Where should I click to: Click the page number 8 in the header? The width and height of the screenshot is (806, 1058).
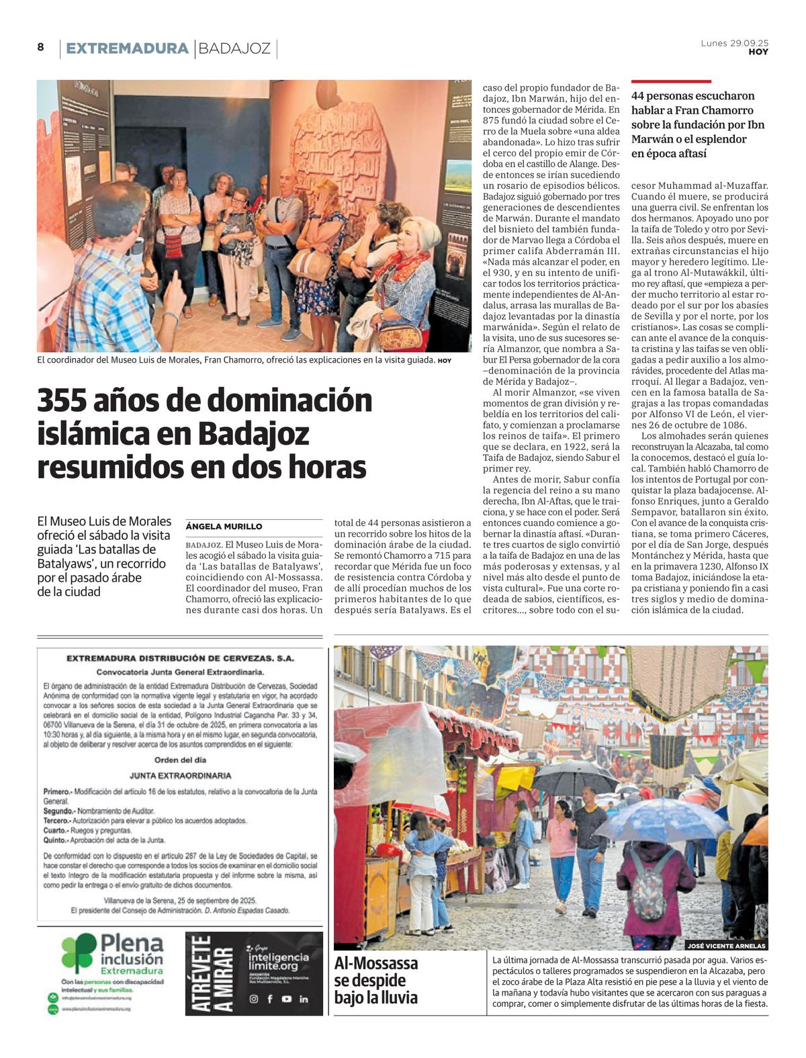click(x=40, y=47)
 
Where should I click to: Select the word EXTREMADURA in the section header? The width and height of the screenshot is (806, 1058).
click(x=127, y=48)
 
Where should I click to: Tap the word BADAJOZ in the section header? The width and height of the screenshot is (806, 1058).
click(x=234, y=48)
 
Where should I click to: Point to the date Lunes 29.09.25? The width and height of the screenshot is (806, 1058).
click(x=734, y=43)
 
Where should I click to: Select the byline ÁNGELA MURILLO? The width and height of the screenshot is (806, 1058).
click(x=224, y=527)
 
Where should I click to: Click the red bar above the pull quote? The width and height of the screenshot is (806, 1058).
click(x=670, y=81)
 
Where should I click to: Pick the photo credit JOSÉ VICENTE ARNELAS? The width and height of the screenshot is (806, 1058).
click(x=726, y=945)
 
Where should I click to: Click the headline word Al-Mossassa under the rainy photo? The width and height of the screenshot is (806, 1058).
click(x=376, y=963)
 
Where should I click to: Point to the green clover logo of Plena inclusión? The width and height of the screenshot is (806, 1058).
click(x=79, y=953)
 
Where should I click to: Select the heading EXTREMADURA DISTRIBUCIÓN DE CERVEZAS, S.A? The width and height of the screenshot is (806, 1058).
click(x=180, y=658)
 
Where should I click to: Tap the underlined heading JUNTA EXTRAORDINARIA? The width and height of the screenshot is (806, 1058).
click(x=180, y=776)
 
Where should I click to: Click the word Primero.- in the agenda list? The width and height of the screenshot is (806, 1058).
click(x=57, y=792)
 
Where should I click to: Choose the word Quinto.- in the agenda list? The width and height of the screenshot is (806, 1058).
click(x=56, y=840)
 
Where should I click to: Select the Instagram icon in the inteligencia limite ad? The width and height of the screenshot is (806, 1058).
click(x=254, y=999)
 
